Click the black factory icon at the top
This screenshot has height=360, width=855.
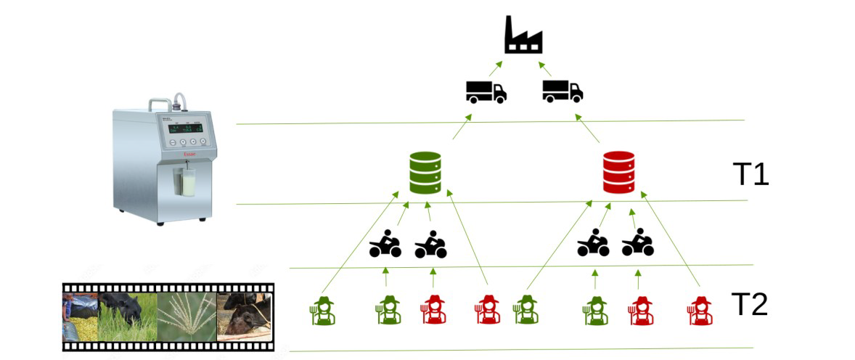click(x=523, y=36)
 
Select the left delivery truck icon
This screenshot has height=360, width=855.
click(x=486, y=91)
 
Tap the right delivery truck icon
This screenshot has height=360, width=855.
click(x=562, y=91)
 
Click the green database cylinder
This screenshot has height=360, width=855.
click(x=425, y=172)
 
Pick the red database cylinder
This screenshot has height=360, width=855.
click(x=618, y=172)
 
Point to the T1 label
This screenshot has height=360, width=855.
click(x=750, y=175)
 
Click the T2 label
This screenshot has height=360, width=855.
click(x=749, y=305)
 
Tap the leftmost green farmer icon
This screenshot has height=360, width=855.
click(x=322, y=310)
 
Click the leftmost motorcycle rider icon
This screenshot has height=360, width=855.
click(x=385, y=244)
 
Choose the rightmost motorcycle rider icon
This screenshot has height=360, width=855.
click(x=638, y=244)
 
